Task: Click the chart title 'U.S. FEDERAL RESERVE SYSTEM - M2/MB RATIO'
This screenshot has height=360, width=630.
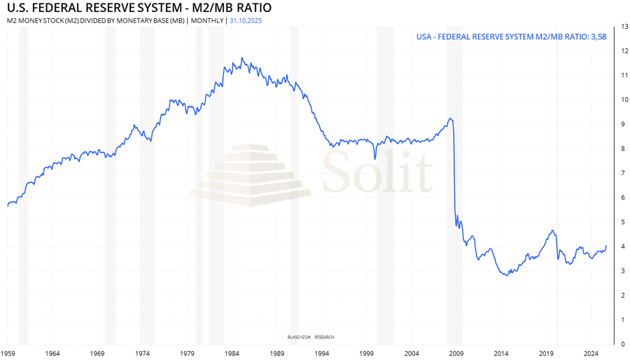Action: [139, 8]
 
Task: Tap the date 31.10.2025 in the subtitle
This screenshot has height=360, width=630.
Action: [246, 20]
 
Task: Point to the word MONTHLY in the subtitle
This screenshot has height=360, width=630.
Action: [206, 20]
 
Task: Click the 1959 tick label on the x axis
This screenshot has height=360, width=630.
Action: [8, 354]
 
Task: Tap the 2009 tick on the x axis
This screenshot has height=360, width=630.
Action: [456, 354]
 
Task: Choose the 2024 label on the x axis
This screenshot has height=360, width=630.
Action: [591, 354]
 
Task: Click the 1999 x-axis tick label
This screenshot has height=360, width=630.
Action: [367, 354]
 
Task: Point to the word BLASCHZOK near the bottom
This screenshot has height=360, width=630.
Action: [299, 337]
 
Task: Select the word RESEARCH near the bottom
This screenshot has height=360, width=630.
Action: [324, 337]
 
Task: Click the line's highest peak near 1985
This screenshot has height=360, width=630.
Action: [242, 58]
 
